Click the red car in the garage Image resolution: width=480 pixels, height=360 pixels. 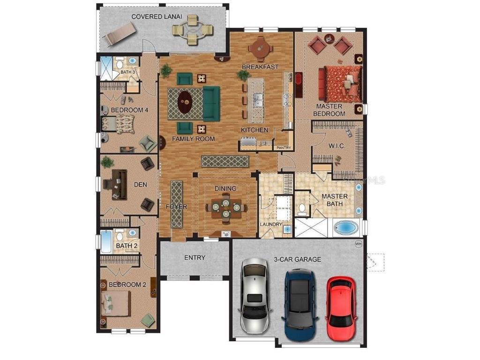341,308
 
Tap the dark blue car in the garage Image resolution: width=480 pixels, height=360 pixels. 298,300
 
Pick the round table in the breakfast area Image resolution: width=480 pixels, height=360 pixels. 259,47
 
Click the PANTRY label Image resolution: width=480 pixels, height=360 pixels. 284,148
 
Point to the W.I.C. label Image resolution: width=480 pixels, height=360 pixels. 337,146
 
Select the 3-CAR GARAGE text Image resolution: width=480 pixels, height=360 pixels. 298,259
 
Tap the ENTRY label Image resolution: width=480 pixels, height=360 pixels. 195,257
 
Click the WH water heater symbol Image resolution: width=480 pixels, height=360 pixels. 359,244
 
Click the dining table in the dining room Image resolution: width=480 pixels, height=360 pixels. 225,207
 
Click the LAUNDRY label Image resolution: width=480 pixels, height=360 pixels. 271,225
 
